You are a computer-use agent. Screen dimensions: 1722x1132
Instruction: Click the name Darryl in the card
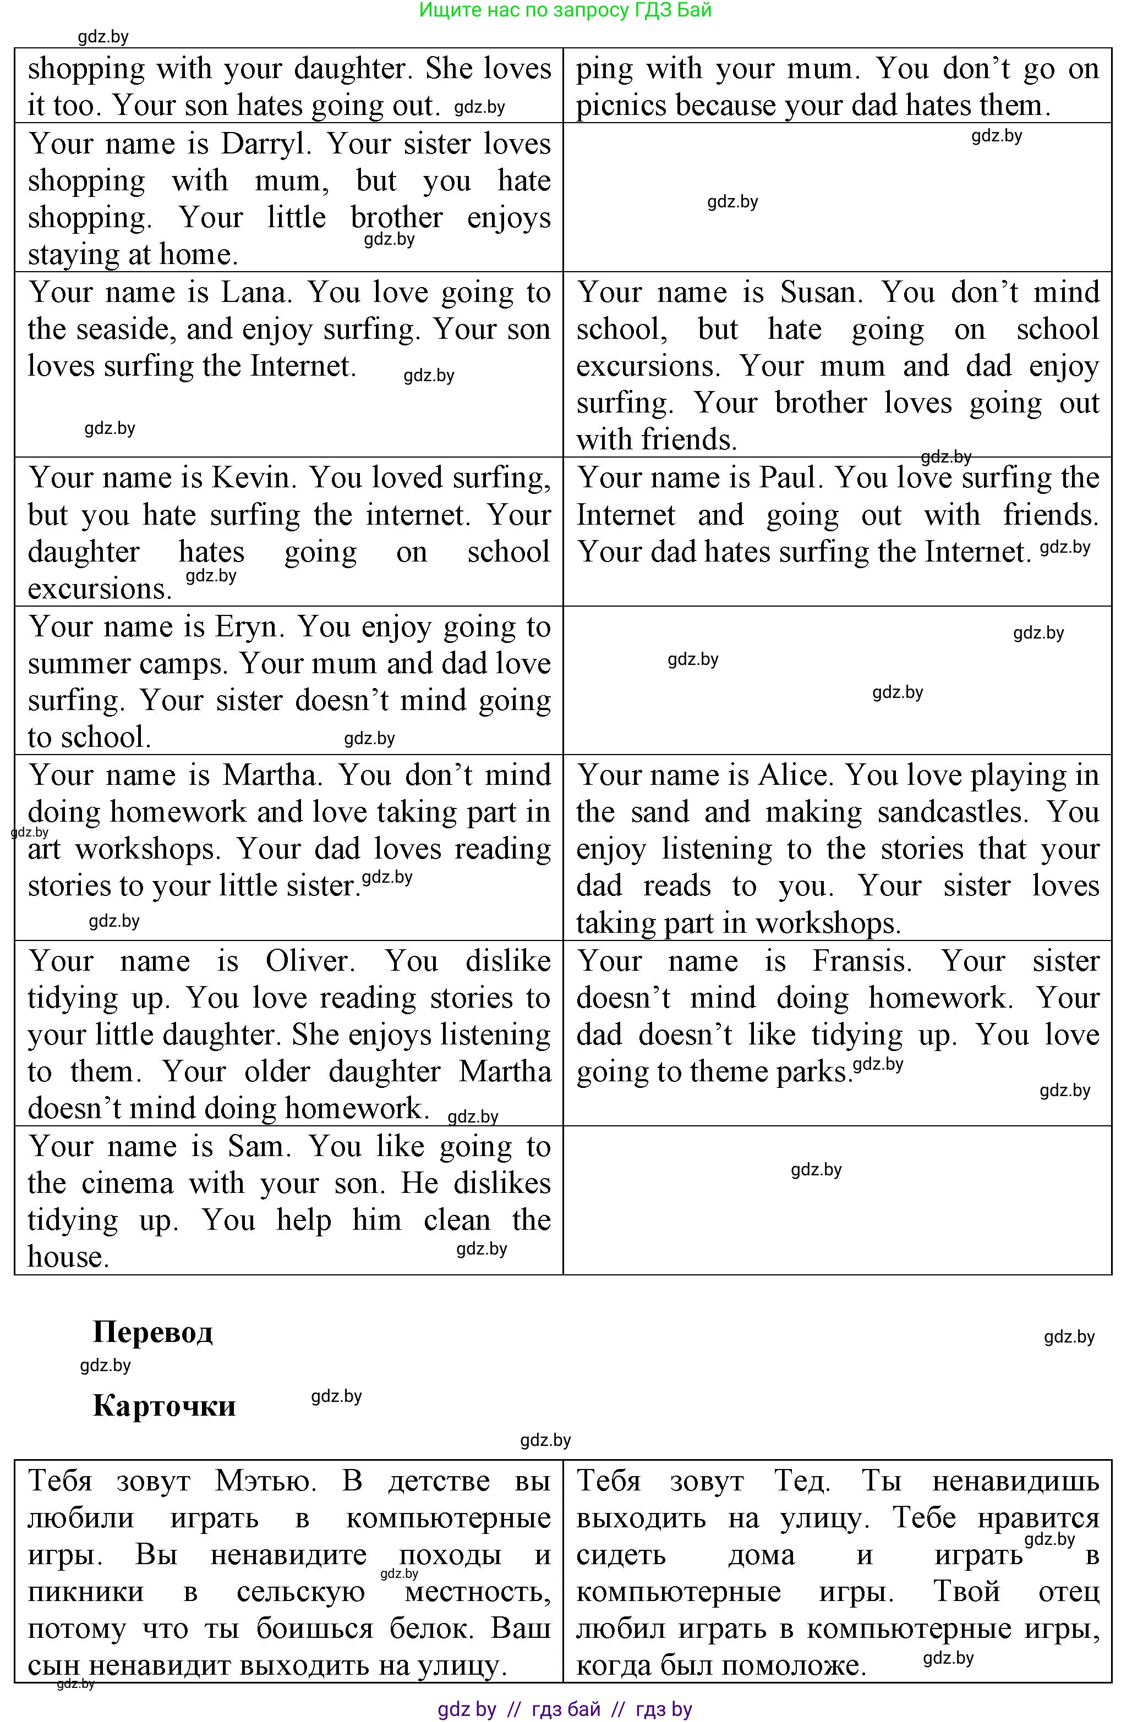(265, 144)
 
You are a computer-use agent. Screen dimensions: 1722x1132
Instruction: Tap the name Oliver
(310, 961)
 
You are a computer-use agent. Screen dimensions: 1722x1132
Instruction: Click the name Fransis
(861, 961)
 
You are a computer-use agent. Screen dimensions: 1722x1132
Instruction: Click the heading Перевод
(153, 1332)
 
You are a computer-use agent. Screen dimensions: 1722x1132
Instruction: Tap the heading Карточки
(165, 1406)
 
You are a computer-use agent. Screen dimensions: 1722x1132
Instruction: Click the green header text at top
(565, 10)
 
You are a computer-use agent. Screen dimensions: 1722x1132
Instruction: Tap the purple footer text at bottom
(565, 1709)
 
